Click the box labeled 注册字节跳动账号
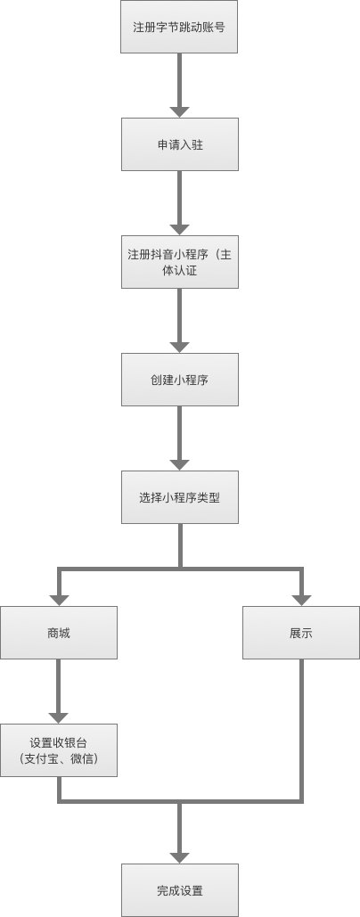(x=179, y=27)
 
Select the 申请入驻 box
(x=180, y=144)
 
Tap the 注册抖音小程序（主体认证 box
(x=180, y=262)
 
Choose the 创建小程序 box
(x=180, y=380)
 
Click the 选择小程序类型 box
(x=180, y=497)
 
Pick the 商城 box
(x=59, y=633)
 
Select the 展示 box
(x=301, y=633)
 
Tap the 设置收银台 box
(x=59, y=750)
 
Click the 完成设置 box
(x=180, y=890)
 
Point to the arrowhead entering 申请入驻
(x=179, y=112)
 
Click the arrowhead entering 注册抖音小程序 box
(x=179, y=230)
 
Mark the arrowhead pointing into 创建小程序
(x=179, y=348)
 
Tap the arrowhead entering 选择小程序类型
(x=179, y=465)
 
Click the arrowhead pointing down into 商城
(x=59, y=601)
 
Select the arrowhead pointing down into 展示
(x=301, y=601)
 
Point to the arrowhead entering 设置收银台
(x=59, y=718)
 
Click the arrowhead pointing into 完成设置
(x=179, y=858)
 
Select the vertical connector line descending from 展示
(x=301, y=730)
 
